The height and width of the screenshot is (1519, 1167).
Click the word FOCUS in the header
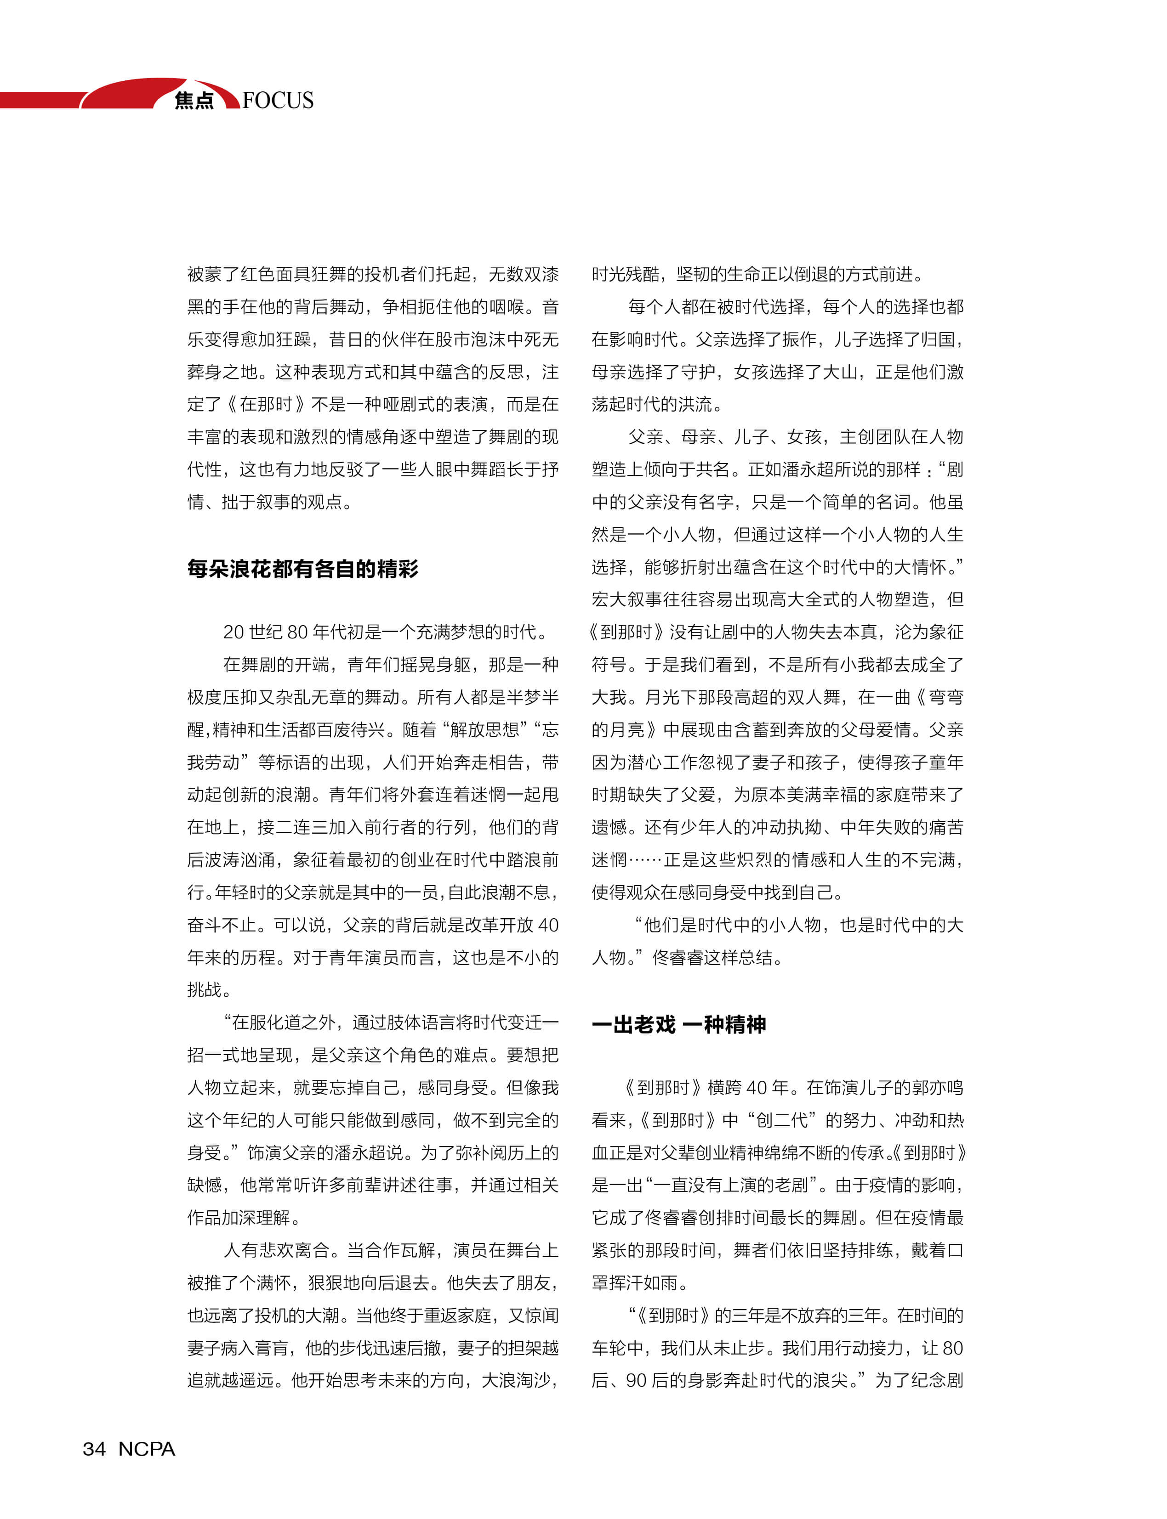[x=278, y=100]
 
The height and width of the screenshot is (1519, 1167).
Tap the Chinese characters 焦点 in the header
[x=194, y=101]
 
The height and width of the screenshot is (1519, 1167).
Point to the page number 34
[x=95, y=1449]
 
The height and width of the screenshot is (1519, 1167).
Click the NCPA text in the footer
[x=147, y=1449]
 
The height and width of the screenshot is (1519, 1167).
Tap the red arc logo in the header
[x=132, y=93]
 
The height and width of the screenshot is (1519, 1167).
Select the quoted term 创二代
[x=782, y=1120]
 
